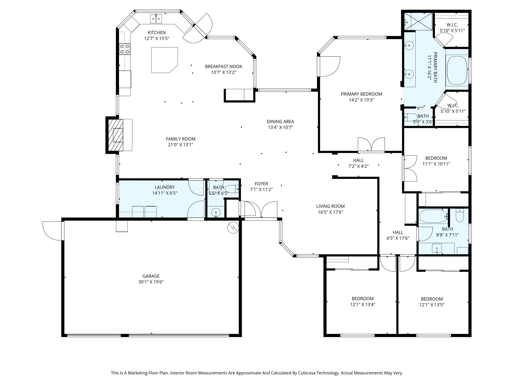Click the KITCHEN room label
pos(157,33)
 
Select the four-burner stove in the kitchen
pos(124,49)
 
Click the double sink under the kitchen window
pos(156,19)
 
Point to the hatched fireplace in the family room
pos(116,135)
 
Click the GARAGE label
pos(151,276)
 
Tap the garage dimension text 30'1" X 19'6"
pos(151,282)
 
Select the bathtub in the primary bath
pos(457,70)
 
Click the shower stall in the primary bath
pos(418,22)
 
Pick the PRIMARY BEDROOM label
pos(361,94)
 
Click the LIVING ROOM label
pos(330,206)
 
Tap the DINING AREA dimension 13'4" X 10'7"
pos(280,127)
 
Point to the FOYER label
pos(261,184)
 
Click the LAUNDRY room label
pos(165,187)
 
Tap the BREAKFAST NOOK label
pos(223,67)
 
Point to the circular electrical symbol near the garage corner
pos(233,228)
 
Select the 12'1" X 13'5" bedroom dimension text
pos(432,305)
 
